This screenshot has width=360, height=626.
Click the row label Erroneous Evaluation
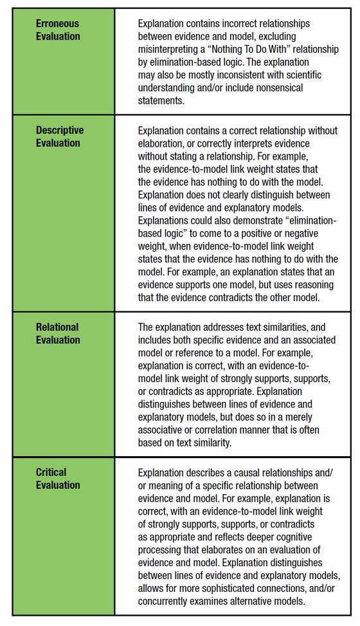point(58,30)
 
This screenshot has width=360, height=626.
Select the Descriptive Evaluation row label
point(60,136)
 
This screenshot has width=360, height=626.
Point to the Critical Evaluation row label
point(57,478)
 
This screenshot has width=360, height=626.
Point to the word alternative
point(260,601)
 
